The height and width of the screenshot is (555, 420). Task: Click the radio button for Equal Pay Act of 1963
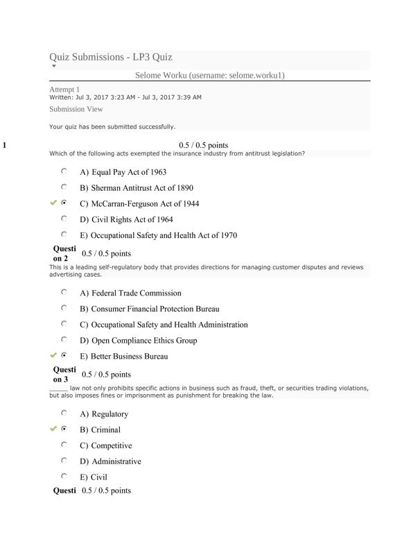(64, 171)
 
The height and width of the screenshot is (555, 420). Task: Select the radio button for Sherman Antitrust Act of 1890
(64, 187)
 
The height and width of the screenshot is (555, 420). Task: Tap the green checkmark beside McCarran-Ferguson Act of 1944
(53, 203)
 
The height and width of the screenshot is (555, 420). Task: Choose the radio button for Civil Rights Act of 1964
(64, 219)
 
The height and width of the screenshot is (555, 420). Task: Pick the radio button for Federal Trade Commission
(64, 293)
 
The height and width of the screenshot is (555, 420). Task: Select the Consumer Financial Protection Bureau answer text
(155, 309)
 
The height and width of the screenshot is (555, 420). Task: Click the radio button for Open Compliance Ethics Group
(64, 340)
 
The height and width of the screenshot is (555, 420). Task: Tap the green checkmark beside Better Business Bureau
(53, 355)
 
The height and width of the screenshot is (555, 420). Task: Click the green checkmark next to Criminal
(53, 429)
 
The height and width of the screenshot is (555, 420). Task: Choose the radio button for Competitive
(64, 445)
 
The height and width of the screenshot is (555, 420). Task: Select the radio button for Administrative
(64, 461)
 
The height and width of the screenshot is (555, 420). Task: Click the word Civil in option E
(99, 477)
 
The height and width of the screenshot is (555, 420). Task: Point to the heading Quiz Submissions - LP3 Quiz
(111, 57)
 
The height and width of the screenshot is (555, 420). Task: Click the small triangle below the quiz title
(54, 67)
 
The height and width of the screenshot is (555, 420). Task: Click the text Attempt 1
(64, 89)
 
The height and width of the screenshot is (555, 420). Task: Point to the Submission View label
(76, 110)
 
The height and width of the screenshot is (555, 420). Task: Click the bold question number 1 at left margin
(5, 146)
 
